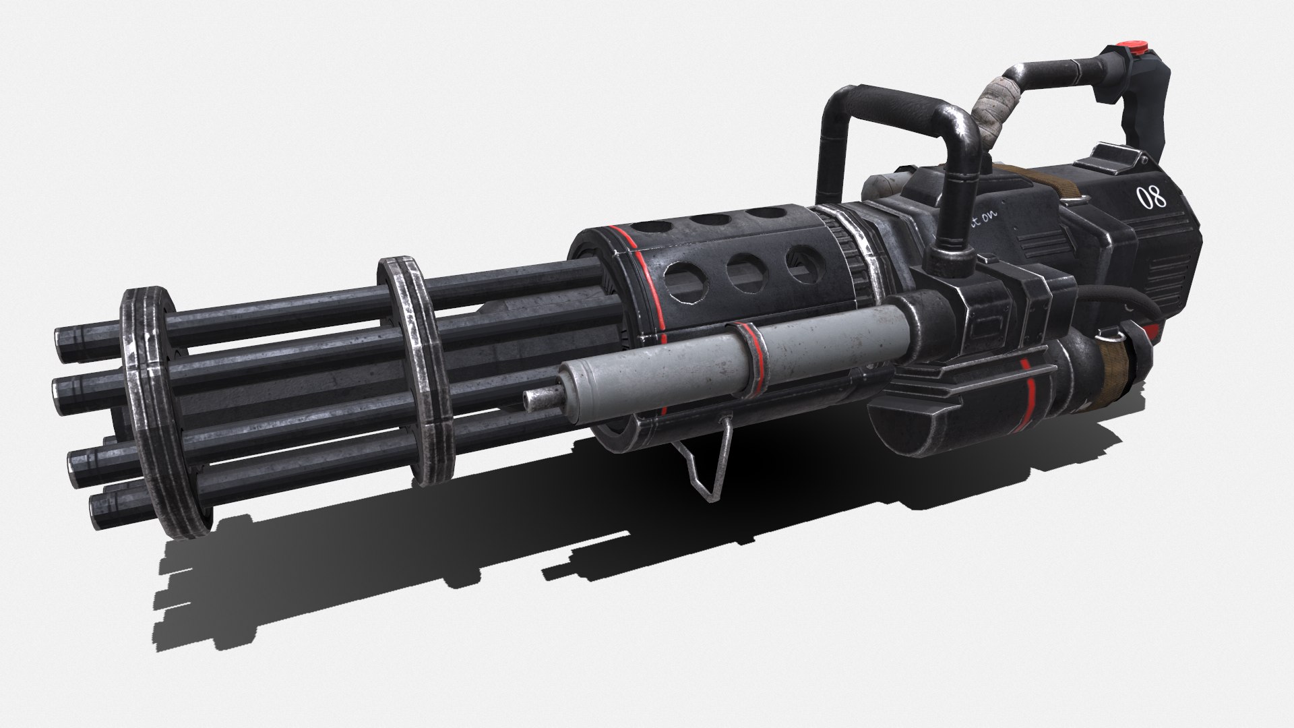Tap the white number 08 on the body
coord(1150,198)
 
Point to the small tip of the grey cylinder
coord(538,400)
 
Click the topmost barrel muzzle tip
coord(67,336)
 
